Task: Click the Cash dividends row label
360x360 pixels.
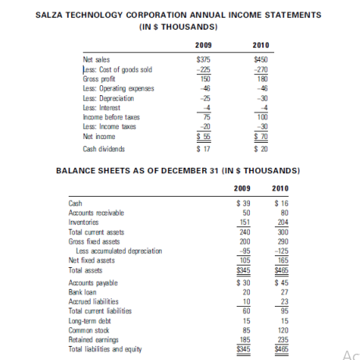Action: pyautogui.click(x=105, y=148)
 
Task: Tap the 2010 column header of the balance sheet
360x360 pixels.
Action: pyautogui.click(x=280, y=187)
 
